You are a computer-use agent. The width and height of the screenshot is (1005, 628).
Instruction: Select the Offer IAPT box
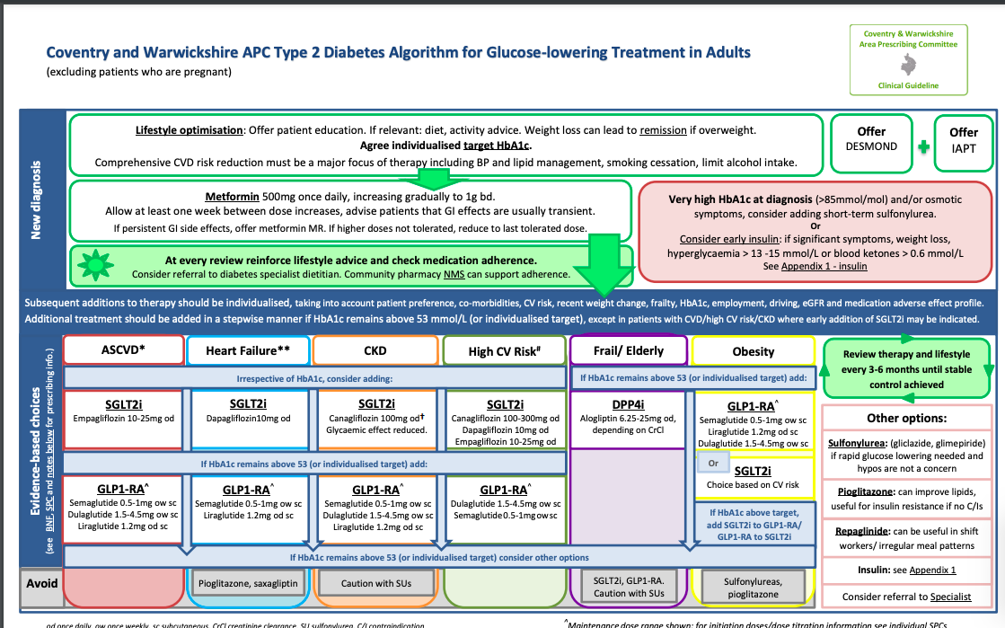964,139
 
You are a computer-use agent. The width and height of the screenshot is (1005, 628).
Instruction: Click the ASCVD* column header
123,349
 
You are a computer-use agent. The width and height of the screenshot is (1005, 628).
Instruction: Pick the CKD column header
375,349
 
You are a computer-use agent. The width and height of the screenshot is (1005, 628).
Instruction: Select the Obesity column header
752,350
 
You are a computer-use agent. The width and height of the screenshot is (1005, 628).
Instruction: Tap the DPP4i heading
629,404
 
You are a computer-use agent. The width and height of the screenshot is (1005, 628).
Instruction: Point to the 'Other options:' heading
906,418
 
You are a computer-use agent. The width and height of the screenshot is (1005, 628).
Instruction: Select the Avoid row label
40,583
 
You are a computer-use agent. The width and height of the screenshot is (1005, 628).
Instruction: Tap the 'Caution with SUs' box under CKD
376,583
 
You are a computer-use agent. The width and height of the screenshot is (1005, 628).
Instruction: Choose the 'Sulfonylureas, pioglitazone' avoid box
753,588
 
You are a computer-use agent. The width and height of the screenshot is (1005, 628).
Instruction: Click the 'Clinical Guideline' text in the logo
908,85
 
